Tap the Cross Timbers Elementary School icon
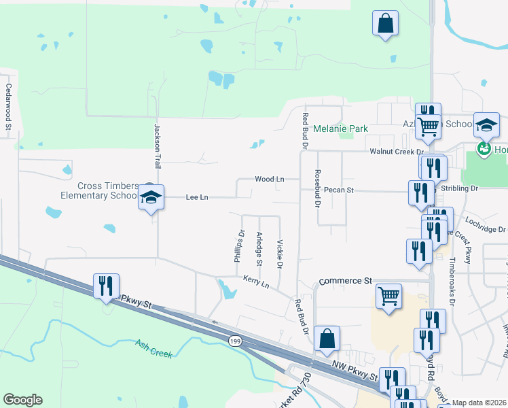click(151, 199)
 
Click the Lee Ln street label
click(197, 197)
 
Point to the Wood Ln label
click(269, 180)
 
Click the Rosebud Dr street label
click(317, 188)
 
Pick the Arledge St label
click(259, 249)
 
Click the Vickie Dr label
click(279, 253)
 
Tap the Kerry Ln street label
click(256, 281)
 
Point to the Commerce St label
click(346, 280)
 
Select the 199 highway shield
click(235, 341)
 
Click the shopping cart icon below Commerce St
click(388, 295)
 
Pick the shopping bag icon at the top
click(384, 24)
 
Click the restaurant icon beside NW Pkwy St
click(105, 286)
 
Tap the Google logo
click(22, 400)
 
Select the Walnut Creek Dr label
click(396, 152)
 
